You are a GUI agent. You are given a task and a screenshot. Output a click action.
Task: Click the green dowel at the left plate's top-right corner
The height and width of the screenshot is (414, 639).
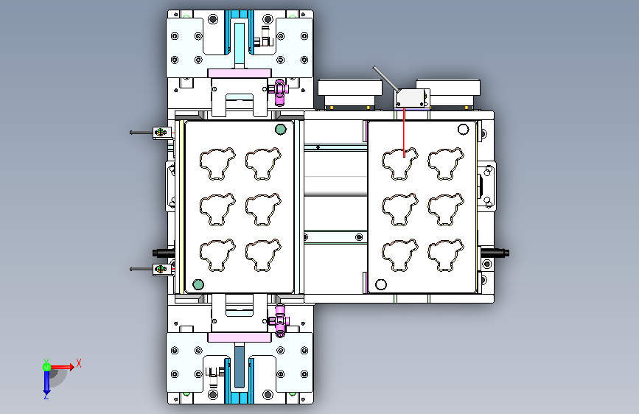pos(280,129)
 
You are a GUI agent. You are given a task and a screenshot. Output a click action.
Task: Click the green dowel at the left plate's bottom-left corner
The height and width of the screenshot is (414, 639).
pos(198,284)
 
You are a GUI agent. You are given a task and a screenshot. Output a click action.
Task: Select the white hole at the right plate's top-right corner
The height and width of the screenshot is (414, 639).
pos(464,129)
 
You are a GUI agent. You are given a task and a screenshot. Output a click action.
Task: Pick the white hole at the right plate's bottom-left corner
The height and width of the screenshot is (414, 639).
pos(381,284)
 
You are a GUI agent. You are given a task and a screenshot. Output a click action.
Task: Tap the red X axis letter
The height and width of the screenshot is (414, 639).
pos(79,363)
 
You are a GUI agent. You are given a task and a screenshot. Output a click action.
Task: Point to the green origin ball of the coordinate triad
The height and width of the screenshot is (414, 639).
pos(47,367)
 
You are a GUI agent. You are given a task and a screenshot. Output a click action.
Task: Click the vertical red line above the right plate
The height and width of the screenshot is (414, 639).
pos(404,133)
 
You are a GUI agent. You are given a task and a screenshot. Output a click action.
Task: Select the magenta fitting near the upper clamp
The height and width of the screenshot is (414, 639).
pos(279,93)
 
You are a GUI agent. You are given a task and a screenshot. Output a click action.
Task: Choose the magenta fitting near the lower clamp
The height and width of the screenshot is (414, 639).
pos(279,321)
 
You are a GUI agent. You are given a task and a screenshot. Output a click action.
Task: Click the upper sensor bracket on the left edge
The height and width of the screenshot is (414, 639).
pos(162,133)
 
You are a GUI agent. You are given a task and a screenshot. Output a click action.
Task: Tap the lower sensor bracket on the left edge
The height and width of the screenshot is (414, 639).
pos(162,270)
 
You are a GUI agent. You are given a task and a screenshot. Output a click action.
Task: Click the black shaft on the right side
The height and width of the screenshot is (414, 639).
pos(495,253)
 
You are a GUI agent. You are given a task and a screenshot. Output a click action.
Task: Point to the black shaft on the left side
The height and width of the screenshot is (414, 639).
pos(164,253)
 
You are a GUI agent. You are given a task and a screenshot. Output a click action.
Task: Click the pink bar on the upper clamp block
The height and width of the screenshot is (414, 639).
pos(240,73)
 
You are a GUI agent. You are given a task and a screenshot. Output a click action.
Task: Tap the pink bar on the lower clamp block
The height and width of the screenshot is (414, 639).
pos(240,337)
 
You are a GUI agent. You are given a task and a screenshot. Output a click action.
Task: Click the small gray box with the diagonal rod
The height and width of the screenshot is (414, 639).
pos(411,98)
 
